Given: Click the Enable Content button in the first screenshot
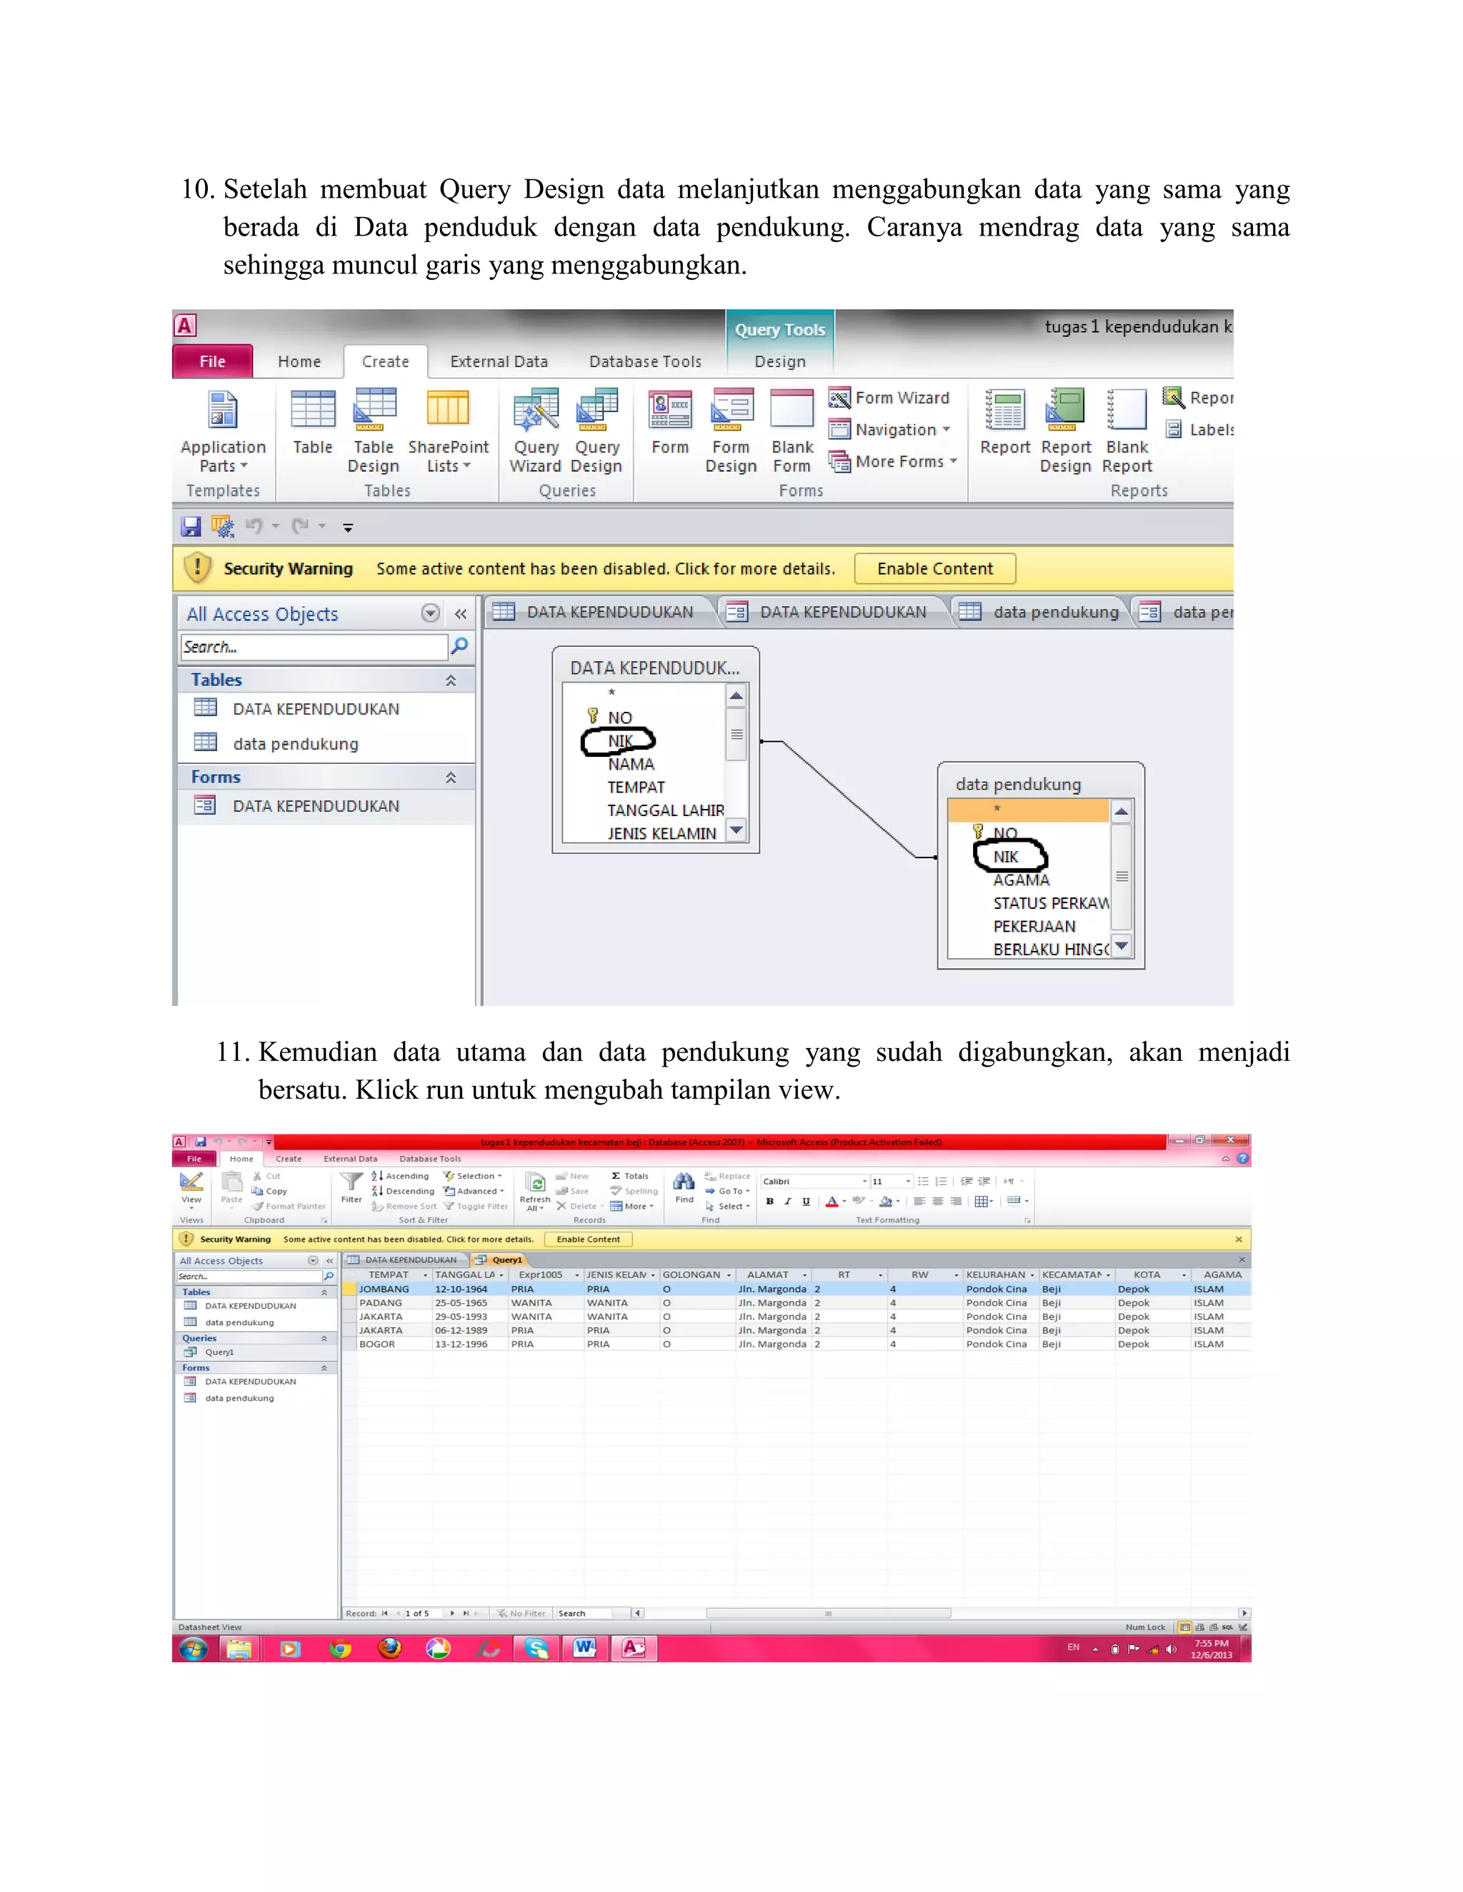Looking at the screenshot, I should (x=934, y=569).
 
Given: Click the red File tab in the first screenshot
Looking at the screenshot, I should (x=212, y=361).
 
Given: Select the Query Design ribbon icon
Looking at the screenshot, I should (x=596, y=431).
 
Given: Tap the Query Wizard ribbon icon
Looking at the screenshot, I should (x=536, y=431).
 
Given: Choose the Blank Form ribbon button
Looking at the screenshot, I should (x=792, y=431).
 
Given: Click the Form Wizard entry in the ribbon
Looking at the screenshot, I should (x=890, y=398).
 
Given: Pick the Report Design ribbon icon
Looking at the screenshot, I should (x=1065, y=431).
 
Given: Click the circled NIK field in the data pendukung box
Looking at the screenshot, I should (x=1007, y=857).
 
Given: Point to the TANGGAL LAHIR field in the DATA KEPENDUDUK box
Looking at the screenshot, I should (x=665, y=810).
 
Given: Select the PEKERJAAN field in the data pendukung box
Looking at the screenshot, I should (x=1034, y=926).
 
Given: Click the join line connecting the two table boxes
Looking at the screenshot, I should (x=849, y=800).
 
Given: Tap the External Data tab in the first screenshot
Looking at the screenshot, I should (x=499, y=361).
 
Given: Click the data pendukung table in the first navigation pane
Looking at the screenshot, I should (x=295, y=744).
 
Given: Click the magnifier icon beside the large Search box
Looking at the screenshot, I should (x=459, y=646).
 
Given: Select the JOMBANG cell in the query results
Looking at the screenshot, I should (x=384, y=1289).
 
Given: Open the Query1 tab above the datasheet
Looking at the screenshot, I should (x=506, y=1259).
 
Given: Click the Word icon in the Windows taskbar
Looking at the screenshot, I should (x=584, y=1648).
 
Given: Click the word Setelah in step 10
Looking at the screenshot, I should (x=265, y=189).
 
